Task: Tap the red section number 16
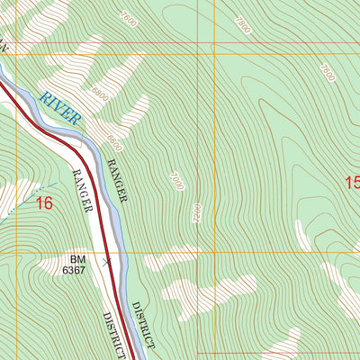[x=43, y=203]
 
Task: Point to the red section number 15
[x=352, y=184]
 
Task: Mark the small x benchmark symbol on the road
[x=107, y=262]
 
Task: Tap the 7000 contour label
[x=175, y=180]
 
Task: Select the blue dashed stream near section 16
[x=18, y=202]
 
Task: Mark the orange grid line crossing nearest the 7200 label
[x=215, y=253]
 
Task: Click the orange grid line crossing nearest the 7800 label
[x=215, y=54]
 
